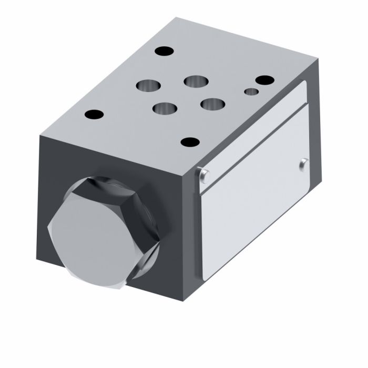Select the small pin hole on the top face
252,93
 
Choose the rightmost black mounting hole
262,80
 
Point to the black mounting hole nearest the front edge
189,142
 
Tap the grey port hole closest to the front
163,108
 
